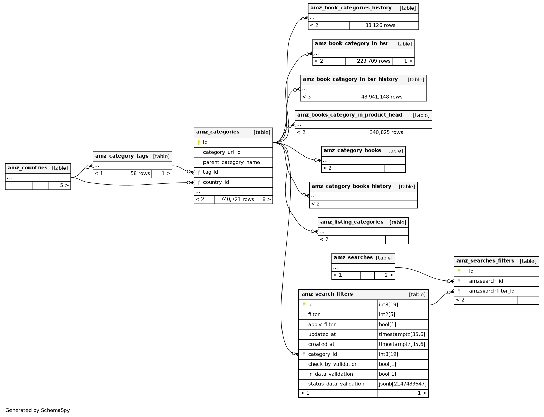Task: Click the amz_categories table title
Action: pyautogui.click(x=218, y=132)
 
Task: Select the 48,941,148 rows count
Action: pyautogui.click(x=382, y=97)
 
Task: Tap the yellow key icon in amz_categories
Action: pyautogui.click(x=199, y=143)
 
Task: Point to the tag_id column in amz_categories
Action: pyautogui.click(x=210, y=172)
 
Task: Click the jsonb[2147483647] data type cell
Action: pyautogui.click(x=402, y=384)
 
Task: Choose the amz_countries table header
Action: pyautogui.click(x=28, y=168)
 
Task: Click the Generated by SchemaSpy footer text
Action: pyautogui.click(x=38, y=410)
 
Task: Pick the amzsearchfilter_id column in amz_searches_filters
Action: pyautogui.click(x=491, y=291)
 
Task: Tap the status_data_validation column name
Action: pyautogui.click(x=336, y=384)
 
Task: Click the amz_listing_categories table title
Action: pyautogui.click(x=352, y=222)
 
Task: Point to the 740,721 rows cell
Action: pyautogui.click(x=237, y=200)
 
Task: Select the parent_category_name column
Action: pyautogui.click(x=231, y=162)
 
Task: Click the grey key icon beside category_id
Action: pyautogui.click(x=304, y=354)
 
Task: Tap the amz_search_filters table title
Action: pyautogui.click(x=327, y=294)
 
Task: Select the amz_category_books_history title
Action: pyautogui.click(x=351, y=186)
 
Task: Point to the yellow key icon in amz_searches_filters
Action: pyautogui.click(x=459, y=271)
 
